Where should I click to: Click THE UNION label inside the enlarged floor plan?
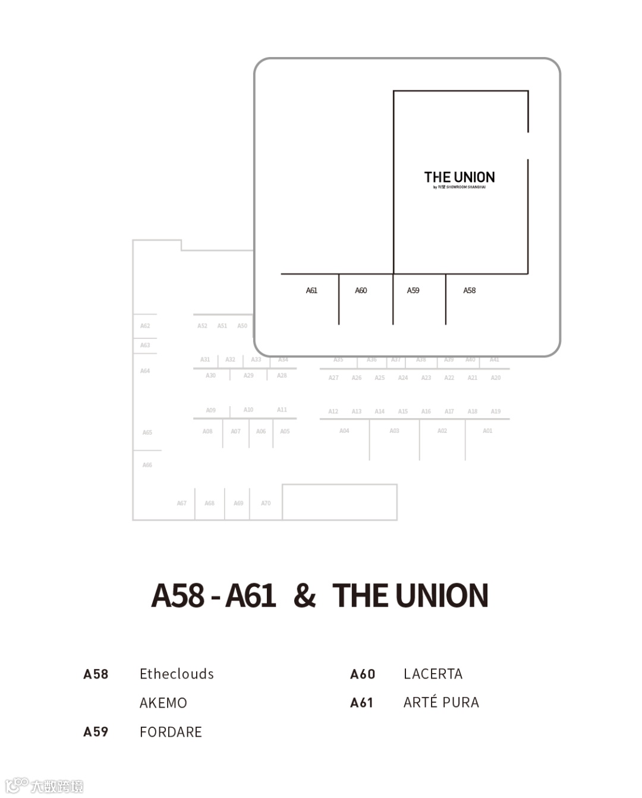click(x=459, y=177)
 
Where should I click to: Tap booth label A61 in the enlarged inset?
click(x=311, y=291)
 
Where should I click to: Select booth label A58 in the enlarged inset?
click(x=470, y=291)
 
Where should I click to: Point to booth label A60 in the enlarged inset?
click(x=361, y=291)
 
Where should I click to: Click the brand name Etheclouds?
click(x=177, y=674)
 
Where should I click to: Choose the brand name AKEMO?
click(x=163, y=703)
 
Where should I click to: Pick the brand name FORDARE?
click(x=171, y=732)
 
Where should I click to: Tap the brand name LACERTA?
click(x=433, y=674)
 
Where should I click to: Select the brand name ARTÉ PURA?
click(x=441, y=702)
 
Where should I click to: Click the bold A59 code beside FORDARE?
click(x=96, y=732)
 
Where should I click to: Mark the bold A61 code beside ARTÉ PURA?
click(x=361, y=703)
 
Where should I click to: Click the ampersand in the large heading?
click(x=304, y=595)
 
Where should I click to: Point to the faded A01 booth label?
click(x=487, y=431)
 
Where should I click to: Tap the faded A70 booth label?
click(x=266, y=503)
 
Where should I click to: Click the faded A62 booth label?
click(x=145, y=326)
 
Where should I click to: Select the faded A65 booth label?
click(x=147, y=432)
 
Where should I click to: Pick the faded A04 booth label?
click(x=344, y=431)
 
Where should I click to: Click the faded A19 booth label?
click(x=496, y=411)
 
